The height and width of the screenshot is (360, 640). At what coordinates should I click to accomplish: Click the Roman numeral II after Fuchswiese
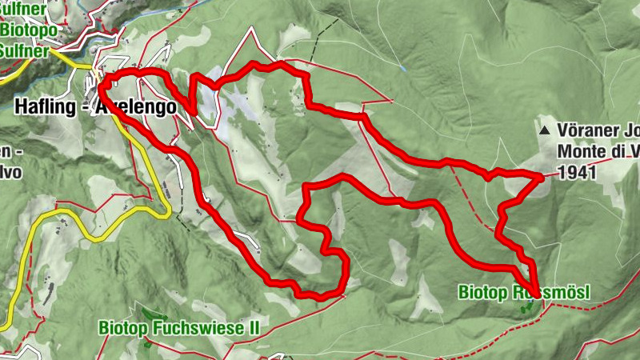260,327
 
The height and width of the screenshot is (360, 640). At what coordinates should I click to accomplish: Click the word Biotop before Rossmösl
483,293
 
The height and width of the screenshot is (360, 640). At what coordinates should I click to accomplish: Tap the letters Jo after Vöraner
630,129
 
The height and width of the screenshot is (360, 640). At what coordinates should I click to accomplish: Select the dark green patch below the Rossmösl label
526,309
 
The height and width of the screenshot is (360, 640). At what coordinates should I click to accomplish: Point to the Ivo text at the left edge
10,171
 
